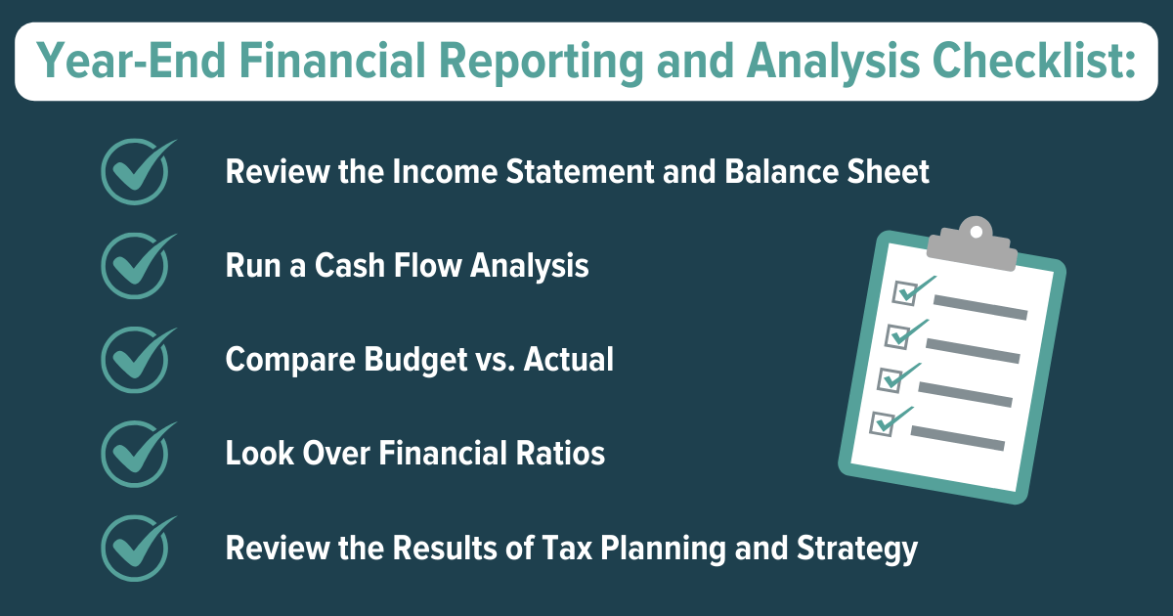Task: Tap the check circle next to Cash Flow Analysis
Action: point(135,266)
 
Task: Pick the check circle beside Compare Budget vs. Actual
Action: point(135,359)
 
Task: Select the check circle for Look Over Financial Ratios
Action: point(135,453)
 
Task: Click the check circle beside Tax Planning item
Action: point(135,547)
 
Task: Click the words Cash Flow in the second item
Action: point(370,265)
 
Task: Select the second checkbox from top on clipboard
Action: point(897,335)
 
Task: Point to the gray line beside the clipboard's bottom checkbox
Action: point(958,437)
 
